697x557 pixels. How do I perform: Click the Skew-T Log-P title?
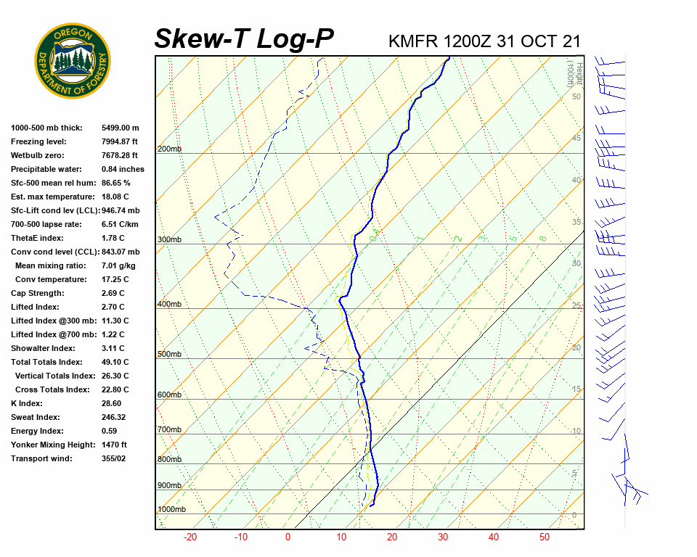[244, 38]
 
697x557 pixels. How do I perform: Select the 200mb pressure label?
[169, 149]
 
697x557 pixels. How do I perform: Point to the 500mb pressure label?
[169, 354]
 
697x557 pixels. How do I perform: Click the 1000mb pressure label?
[171, 510]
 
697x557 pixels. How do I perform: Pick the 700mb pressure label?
[169, 430]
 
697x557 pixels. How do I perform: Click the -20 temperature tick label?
[190, 537]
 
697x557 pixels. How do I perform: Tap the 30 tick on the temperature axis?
[443, 537]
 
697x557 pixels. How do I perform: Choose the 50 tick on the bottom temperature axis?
[545, 537]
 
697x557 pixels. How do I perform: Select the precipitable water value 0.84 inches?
[123, 169]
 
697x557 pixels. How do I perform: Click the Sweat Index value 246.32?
[113, 417]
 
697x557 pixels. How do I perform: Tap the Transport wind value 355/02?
[113, 458]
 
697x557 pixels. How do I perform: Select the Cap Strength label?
[37, 293]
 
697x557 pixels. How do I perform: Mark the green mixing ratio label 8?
[542, 238]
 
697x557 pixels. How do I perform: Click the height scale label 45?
[576, 139]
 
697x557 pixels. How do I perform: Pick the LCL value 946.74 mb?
[121, 210]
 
